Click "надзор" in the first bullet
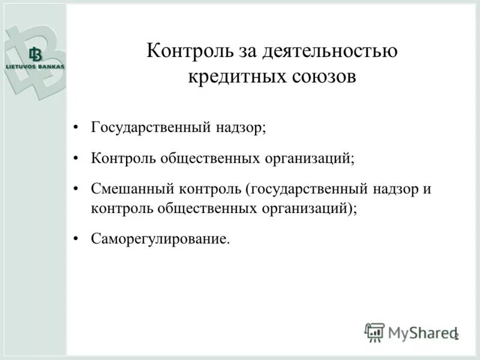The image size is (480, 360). click(240, 128)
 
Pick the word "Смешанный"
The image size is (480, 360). click(132, 189)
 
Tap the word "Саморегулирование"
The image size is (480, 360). click(160, 239)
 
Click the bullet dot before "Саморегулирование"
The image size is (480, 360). click(76, 239)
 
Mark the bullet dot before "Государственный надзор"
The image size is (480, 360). click(76, 128)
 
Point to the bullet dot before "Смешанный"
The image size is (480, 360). click(76, 189)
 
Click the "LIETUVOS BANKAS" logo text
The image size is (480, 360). click(34, 67)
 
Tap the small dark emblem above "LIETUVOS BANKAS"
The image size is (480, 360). click(34, 55)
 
